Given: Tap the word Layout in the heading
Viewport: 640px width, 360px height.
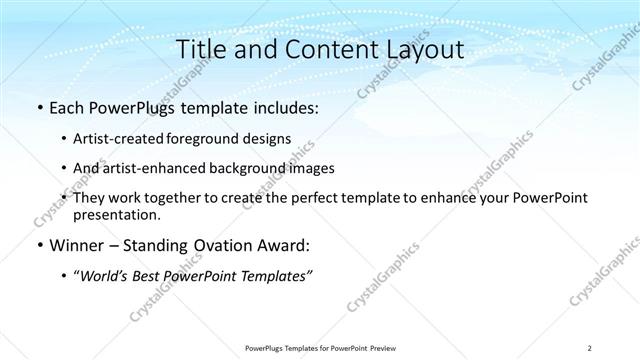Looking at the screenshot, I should [420, 50].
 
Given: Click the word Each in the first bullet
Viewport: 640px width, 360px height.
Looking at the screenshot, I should [67, 108].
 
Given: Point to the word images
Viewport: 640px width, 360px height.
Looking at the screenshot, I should [312, 168].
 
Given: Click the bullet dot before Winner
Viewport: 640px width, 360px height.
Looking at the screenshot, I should [39, 246].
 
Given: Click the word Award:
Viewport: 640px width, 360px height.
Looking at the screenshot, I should [283, 245].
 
